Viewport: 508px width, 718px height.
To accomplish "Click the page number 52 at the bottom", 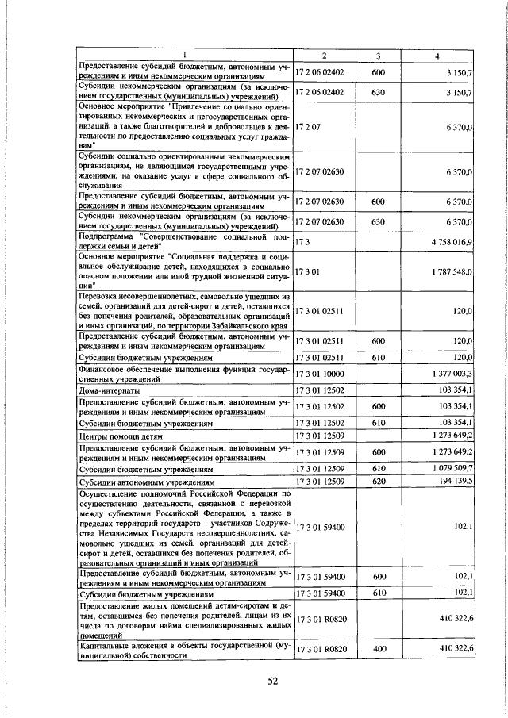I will pos(272,681).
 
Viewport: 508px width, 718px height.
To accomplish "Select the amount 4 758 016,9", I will pos(452,241).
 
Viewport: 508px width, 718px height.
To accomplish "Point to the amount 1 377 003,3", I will pos(452,373).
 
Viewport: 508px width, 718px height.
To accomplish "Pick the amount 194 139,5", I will pos(456,481).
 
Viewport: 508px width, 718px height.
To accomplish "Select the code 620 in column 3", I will pos(379,481).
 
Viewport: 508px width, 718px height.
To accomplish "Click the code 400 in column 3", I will pos(379,650).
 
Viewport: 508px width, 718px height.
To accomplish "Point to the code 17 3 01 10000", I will pos(319,373).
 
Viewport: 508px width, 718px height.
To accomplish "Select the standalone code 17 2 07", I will pos(306,126).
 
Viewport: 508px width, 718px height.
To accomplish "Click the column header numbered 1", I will pos(184,55).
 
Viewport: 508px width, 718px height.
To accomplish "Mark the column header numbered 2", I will pos(324,55).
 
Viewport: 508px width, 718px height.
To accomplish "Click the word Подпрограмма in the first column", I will pos(105,236).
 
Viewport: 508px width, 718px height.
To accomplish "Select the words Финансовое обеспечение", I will pos(131,368).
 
